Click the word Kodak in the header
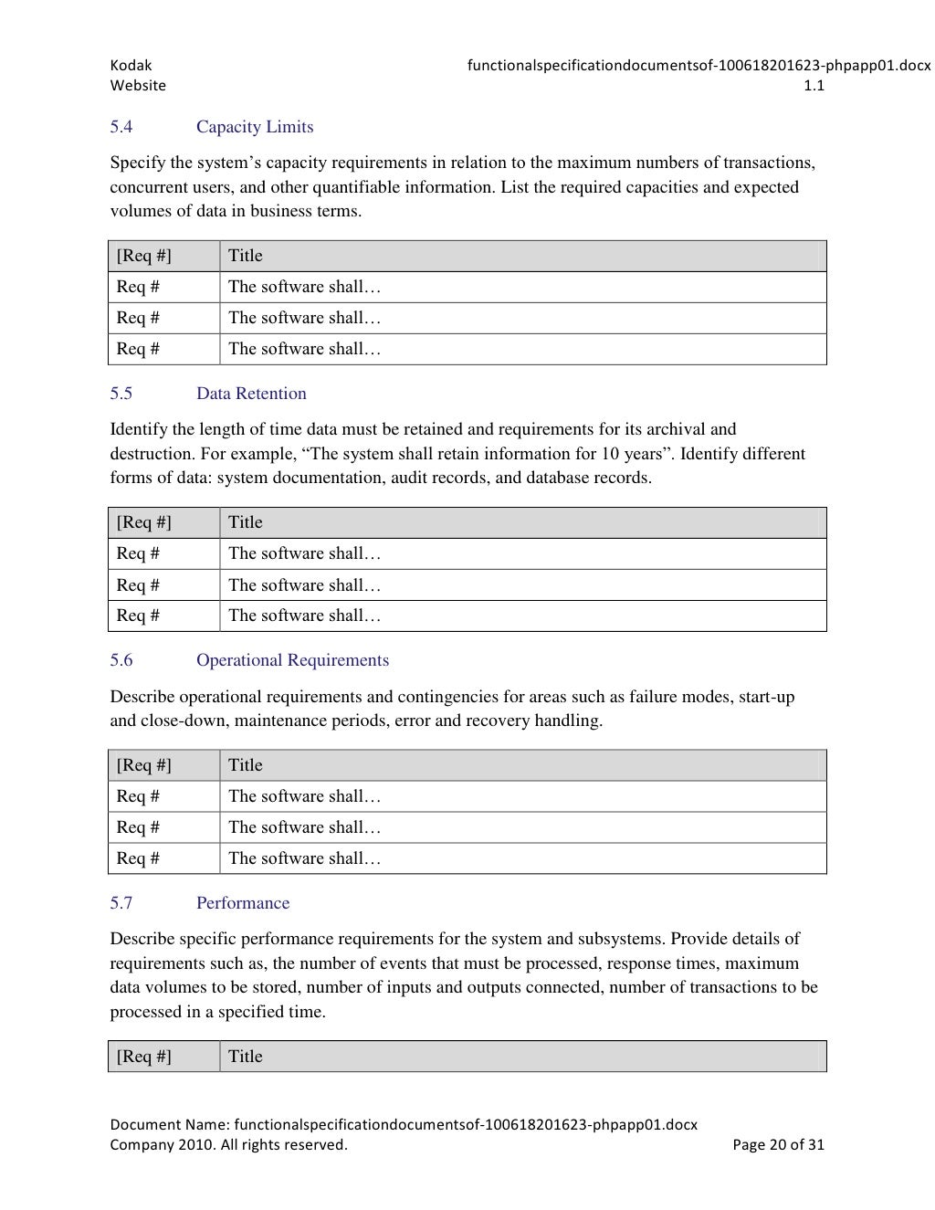pyautogui.click(x=131, y=66)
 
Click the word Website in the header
pyautogui.click(x=138, y=86)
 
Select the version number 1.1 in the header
pyautogui.click(x=814, y=86)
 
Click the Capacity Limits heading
pyautogui.click(x=255, y=127)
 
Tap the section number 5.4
pyautogui.click(x=121, y=127)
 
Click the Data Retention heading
pyautogui.click(x=251, y=394)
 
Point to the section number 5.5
pyautogui.click(x=121, y=394)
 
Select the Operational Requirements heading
pyautogui.click(x=292, y=660)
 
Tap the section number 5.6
pyautogui.click(x=121, y=660)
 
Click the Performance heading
pyautogui.click(x=243, y=903)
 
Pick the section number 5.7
pyautogui.click(x=121, y=903)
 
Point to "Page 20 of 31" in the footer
pyautogui.click(x=778, y=1145)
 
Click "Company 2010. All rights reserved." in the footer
pyautogui.click(x=228, y=1145)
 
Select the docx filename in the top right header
pyautogui.click(x=699, y=66)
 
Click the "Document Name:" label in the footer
pyautogui.click(x=170, y=1125)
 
